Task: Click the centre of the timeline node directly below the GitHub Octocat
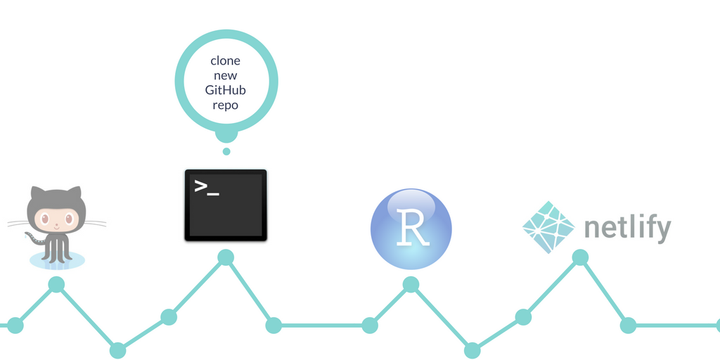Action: (56, 285)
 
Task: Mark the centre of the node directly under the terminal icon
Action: (226, 257)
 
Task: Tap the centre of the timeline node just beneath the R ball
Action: (411, 285)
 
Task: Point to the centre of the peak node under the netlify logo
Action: (580, 257)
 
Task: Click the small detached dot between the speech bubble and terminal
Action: (226, 151)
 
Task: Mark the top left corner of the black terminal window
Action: (185, 169)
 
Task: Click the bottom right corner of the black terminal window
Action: (266, 241)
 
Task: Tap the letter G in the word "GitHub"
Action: (210, 90)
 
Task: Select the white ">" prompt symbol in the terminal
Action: (200, 186)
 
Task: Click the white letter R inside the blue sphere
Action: (413, 228)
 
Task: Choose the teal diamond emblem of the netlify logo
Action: (548, 227)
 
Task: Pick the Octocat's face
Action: (56, 219)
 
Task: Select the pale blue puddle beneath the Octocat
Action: (58, 260)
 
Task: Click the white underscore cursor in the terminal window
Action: (213, 194)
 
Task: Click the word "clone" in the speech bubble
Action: (226, 60)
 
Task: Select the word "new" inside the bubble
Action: (226, 76)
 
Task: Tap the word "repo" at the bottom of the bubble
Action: (226, 105)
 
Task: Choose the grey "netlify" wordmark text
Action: (628, 229)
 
